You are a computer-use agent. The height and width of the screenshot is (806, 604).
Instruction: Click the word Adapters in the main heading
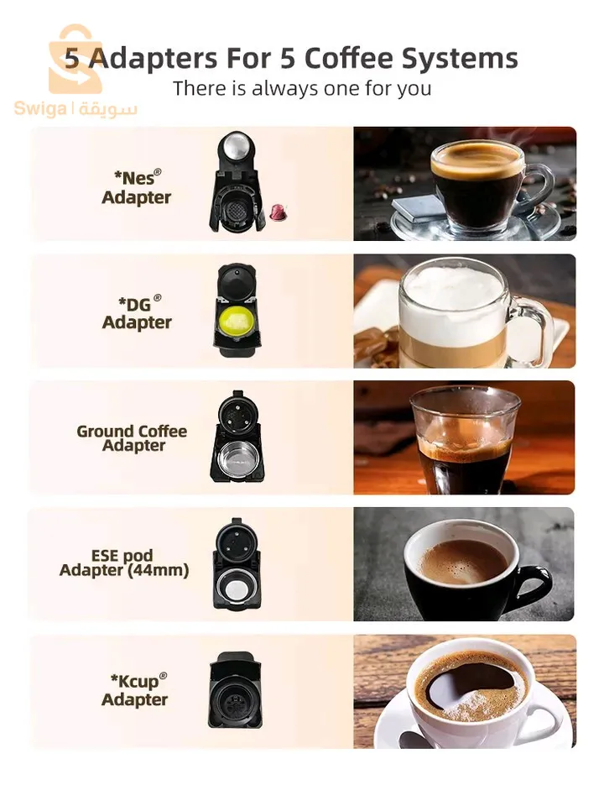[x=153, y=59]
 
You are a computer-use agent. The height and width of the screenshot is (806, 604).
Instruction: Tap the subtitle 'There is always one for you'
[x=302, y=88]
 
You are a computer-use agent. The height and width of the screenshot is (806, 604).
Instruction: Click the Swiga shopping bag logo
[x=76, y=59]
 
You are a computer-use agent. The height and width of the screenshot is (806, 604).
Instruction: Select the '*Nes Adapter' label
[x=136, y=187]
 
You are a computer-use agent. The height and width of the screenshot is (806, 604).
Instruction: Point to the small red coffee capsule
[x=279, y=211]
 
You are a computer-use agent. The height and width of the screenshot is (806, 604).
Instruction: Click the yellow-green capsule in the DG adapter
[x=237, y=321]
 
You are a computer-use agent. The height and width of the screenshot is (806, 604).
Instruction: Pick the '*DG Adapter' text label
[x=137, y=312]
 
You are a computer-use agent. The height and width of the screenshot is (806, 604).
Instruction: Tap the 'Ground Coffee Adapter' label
[x=132, y=438]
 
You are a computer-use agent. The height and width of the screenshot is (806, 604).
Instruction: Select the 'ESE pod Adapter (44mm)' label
[x=124, y=563]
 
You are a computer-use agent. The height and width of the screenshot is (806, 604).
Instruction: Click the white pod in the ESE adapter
[x=237, y=587]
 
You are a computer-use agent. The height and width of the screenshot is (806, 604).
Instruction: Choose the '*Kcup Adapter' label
[x=134, y=690]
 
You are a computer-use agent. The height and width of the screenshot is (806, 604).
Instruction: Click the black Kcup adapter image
[x=235, y=690]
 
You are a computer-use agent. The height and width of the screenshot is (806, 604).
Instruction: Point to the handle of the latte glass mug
[x=534, y=329]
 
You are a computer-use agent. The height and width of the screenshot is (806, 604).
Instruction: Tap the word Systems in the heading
[x=459, y=59]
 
